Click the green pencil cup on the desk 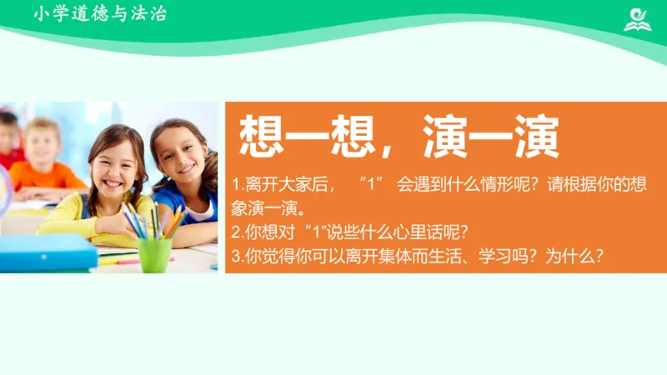click(x=154, y=254)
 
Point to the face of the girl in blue click(x=176, y=154)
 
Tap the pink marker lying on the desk click(x=125, y=261)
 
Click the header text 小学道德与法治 click(x=100, y=13)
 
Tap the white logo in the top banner click(x=639, y=17)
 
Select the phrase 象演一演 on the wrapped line click(x=263, y=207)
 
